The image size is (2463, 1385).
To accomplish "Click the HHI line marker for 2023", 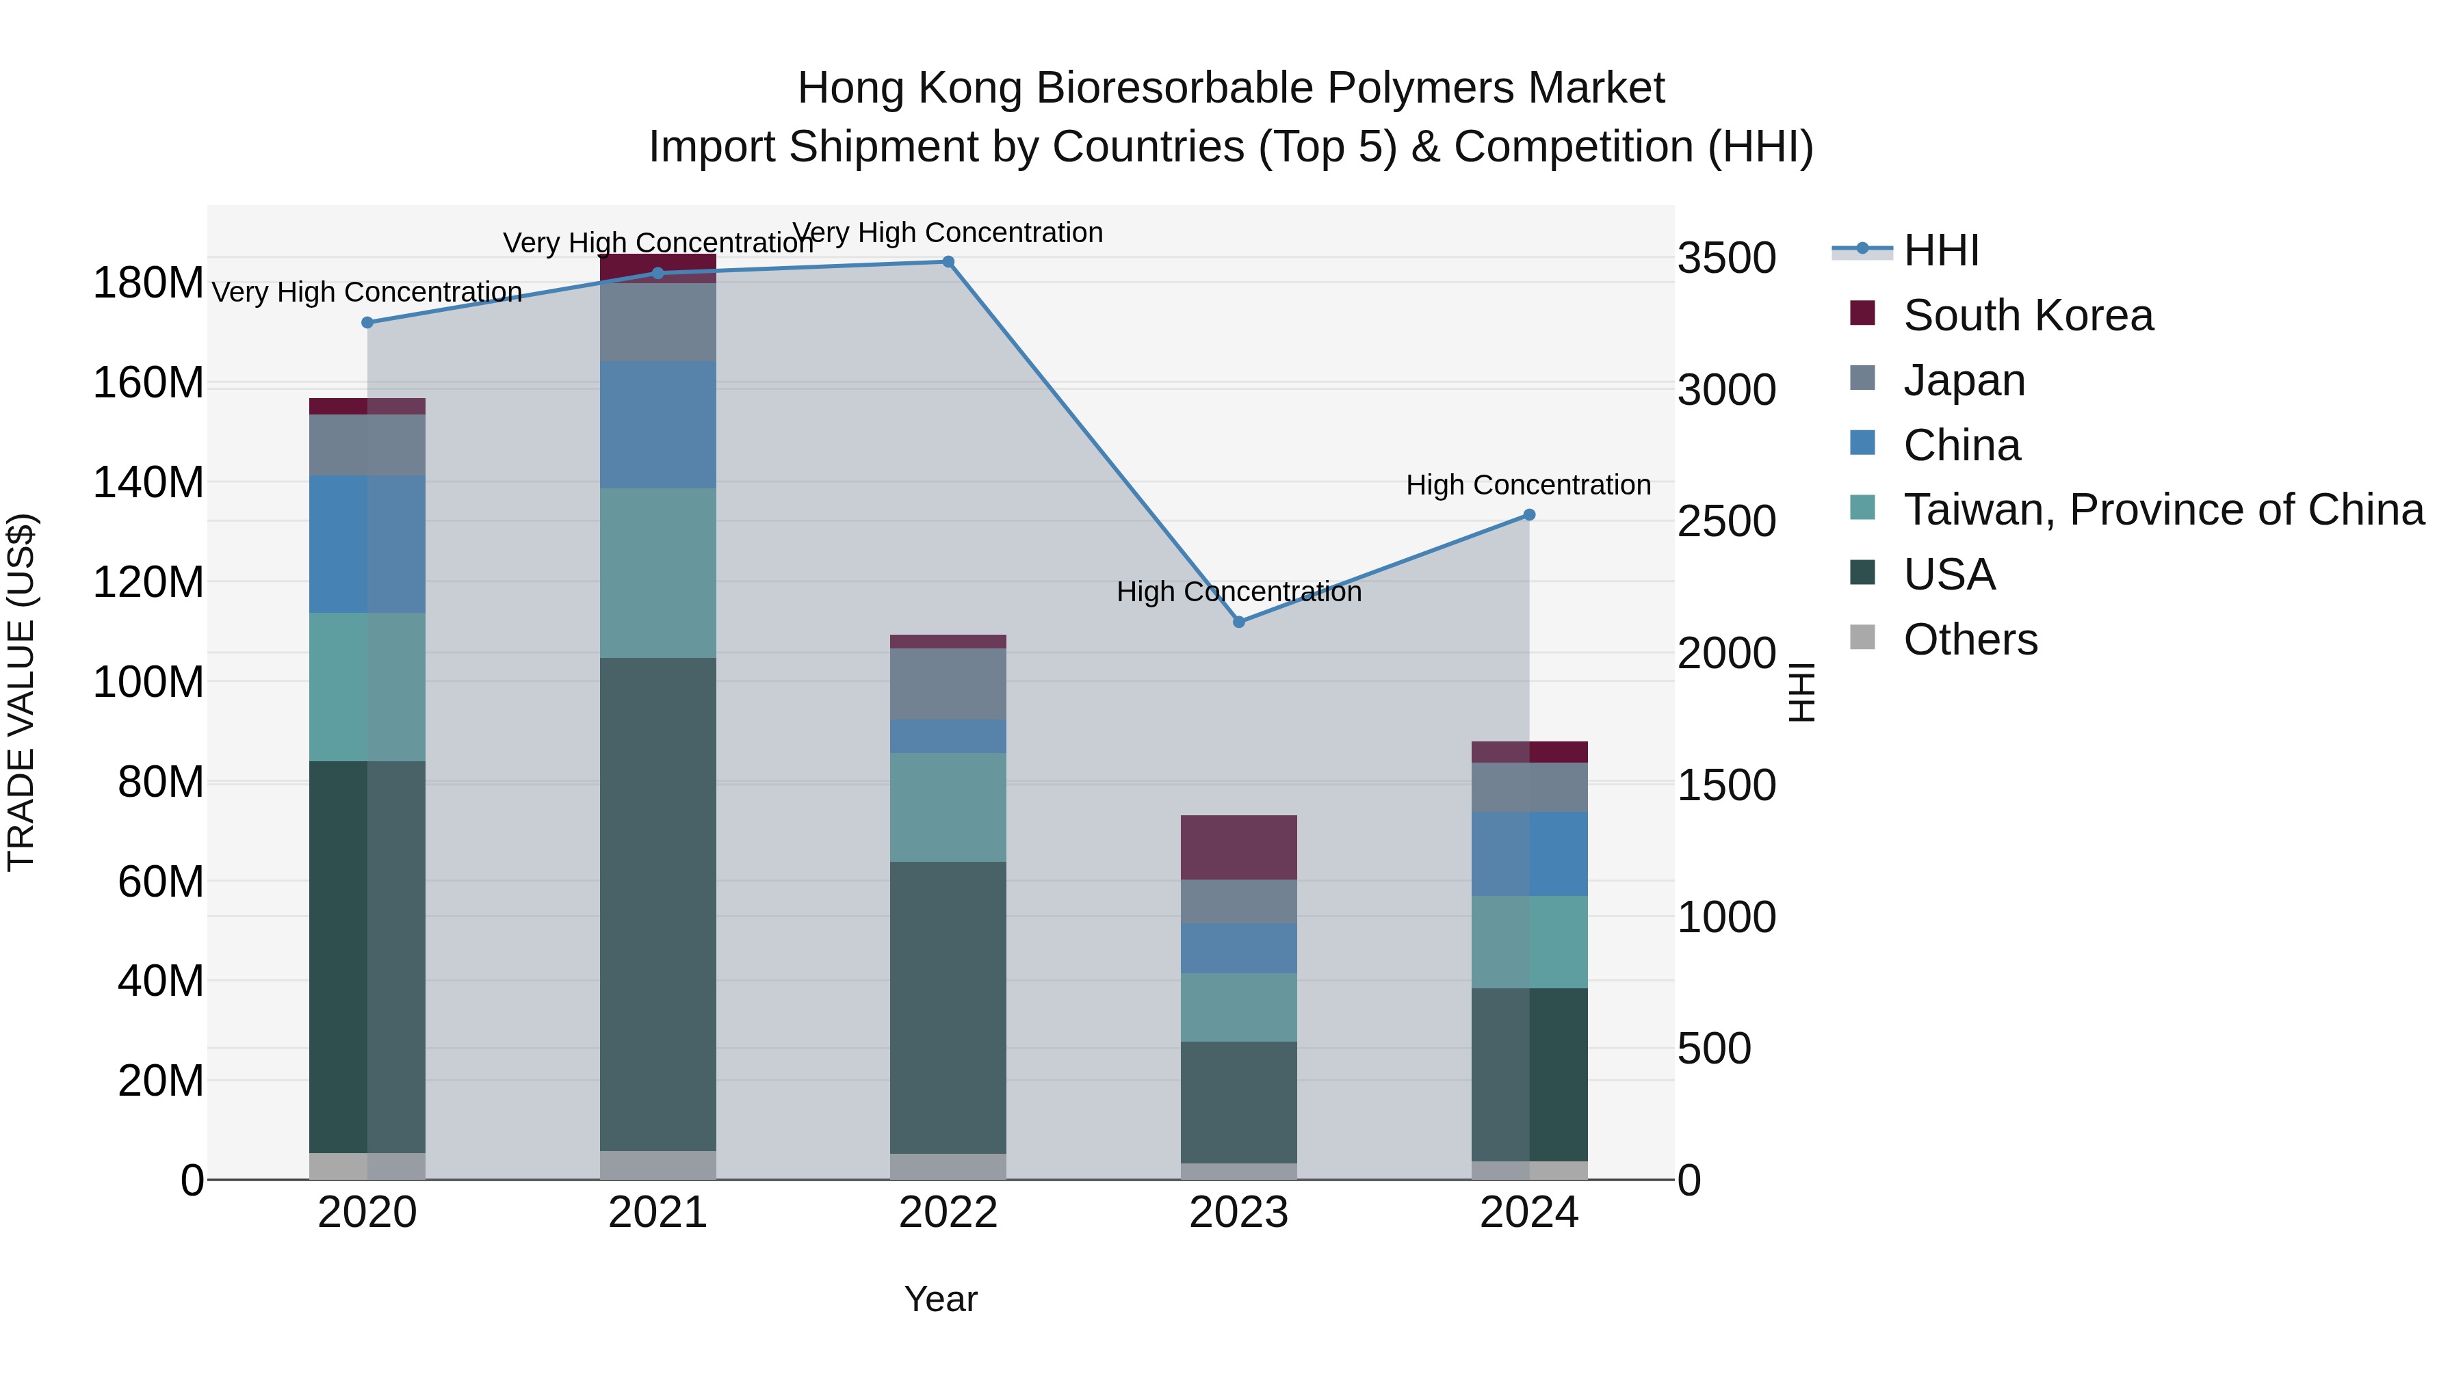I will pyautogui.click(x=1238, y=622).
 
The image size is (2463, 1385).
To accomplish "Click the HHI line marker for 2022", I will pyautogui.click(x=948, y=262).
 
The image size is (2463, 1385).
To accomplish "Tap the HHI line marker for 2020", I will pyautogui.click(x=367, y=323).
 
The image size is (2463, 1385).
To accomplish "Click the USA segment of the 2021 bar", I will pyautogui.click(x=657, y=903).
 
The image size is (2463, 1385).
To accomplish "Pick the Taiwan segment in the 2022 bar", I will pyautogui.click(x=948, y=808).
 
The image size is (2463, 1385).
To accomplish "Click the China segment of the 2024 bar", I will pyautogui.click(x=1529, y=854).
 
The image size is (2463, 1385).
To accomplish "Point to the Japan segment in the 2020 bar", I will pyautogui.click(x=367, y=445).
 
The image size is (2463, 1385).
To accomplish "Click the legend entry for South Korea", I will pyautogui.click(x=2027, y=315).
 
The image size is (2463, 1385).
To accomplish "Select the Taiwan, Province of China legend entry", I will pyautogui.click(x=2163, y=510).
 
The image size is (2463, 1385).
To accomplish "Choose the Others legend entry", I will pyautogui.click(x=1970, y=639).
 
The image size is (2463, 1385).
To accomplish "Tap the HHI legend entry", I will pyautogui.click(x=1940, y=250).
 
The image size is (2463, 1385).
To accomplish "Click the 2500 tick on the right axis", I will pyautogui.click(x=1726, y=522).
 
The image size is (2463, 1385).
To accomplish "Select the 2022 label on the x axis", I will pyautogui.click(x=948, y=1213).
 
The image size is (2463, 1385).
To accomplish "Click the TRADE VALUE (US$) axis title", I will pyautogui.click(x=22, y=692).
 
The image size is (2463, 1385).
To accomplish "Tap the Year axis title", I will pyautogui.click(x=940, y=1299).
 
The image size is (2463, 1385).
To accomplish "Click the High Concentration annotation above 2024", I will pyautogui.click(x=1528, y=486).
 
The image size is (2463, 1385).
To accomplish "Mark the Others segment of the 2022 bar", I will pyautogui.click(x=948, y=1166).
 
